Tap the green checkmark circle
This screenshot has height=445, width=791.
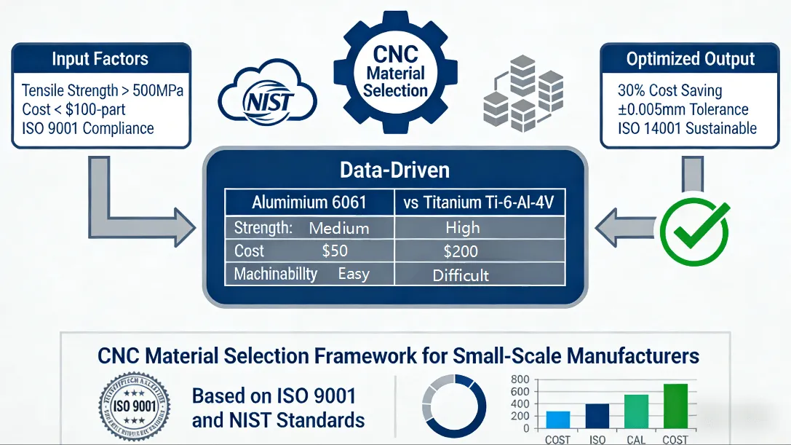click(x=693, y=232)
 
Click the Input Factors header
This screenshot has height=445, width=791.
click(x=100, y=59)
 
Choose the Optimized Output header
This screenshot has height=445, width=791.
click(x=691, y=59)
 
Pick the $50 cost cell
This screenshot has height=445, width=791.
click(x=335, y=251)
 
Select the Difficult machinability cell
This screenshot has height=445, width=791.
click(x=461, y=275)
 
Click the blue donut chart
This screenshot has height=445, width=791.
click(x=453, y=405)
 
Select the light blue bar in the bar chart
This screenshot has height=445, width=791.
click(x=558, y=420)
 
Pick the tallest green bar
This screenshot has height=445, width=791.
click(x=675, y=406)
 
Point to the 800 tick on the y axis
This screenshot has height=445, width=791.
click(x=520, y=379)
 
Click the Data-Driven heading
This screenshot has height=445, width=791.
click(x=394, y=170)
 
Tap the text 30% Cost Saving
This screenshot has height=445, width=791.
click(x=669, y=91)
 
